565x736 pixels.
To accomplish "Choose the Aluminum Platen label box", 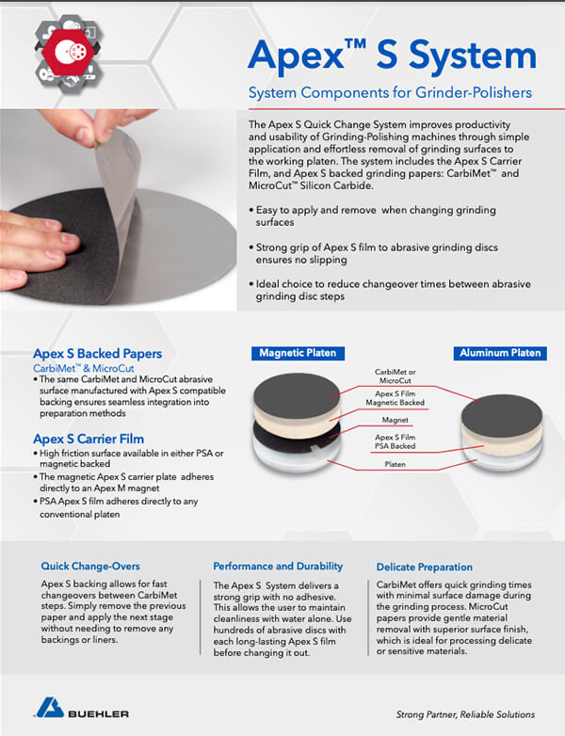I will tap(500, 353).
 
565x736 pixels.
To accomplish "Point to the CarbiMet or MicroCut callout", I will tap(396, 377).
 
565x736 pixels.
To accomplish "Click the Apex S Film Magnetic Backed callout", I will tap(399, 398).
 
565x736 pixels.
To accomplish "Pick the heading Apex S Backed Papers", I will tap(97, 354).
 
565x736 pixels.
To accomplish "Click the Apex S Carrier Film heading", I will tap(90, 439).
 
